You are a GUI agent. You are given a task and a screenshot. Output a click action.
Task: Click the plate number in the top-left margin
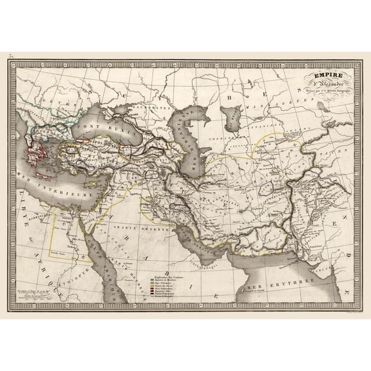[x=10, y=57]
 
